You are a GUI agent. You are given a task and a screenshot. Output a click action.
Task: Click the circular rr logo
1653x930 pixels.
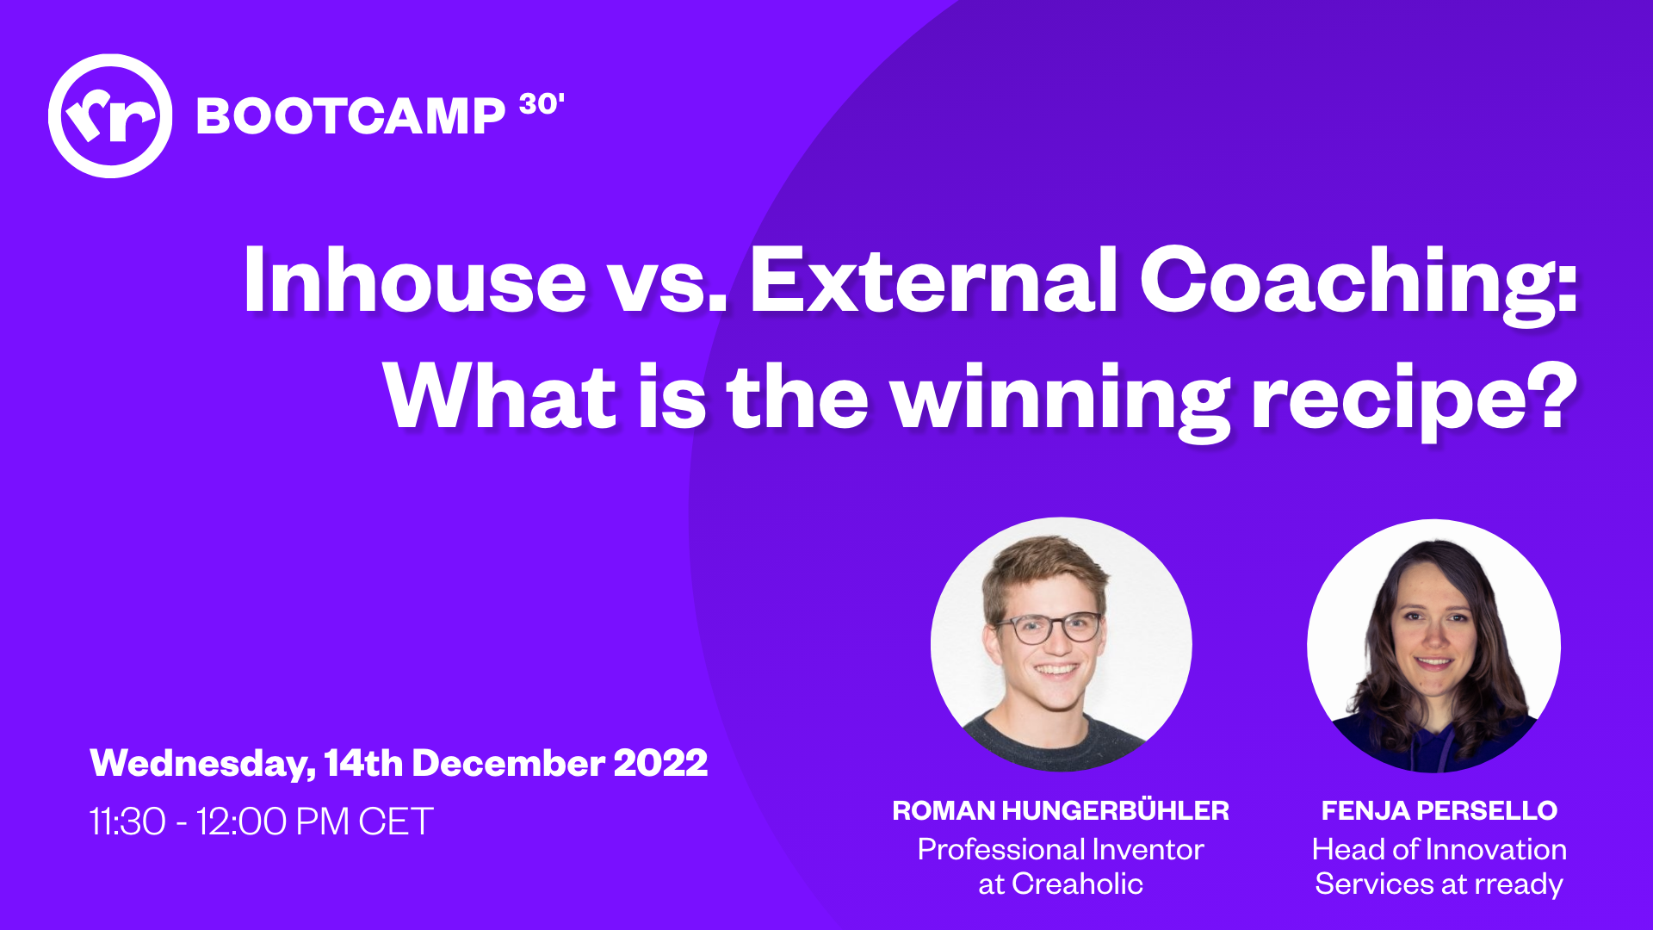point(110,116)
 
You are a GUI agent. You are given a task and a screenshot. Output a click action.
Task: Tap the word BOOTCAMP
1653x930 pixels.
point(350,115)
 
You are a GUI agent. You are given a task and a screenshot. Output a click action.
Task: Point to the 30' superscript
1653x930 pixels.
point(542,104)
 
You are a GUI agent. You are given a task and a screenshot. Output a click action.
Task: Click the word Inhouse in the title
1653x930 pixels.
point(415,279)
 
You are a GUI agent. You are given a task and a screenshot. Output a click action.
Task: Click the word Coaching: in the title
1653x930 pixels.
point(1359,284)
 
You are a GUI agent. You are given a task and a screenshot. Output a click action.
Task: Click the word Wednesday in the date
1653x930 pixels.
point(203,764)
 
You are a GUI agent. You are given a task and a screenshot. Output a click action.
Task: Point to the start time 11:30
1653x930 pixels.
point(127,821)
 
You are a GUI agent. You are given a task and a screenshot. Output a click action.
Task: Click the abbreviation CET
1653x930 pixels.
point(396,821)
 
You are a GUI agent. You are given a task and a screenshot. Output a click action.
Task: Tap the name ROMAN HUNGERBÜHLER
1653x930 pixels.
point(1061,809)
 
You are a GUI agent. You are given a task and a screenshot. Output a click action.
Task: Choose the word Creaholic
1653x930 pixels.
point(1077,883)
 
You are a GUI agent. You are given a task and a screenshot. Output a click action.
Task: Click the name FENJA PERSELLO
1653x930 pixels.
point(1439,810)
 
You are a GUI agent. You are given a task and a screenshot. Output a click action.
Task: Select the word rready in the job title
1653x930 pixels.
point(1519,885)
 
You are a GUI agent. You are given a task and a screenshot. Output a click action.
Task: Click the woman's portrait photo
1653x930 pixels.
point(1433,646)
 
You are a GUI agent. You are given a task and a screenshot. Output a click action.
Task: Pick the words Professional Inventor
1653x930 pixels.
point(1061,849)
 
